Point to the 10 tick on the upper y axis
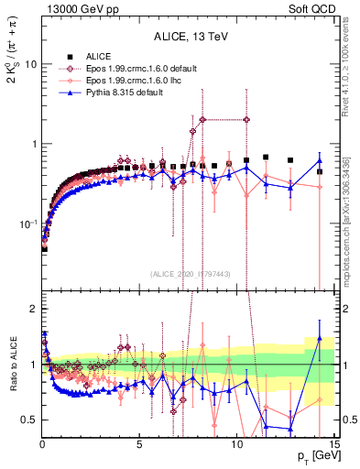tap(30, 65)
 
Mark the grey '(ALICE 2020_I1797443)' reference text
tap(189, 274)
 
